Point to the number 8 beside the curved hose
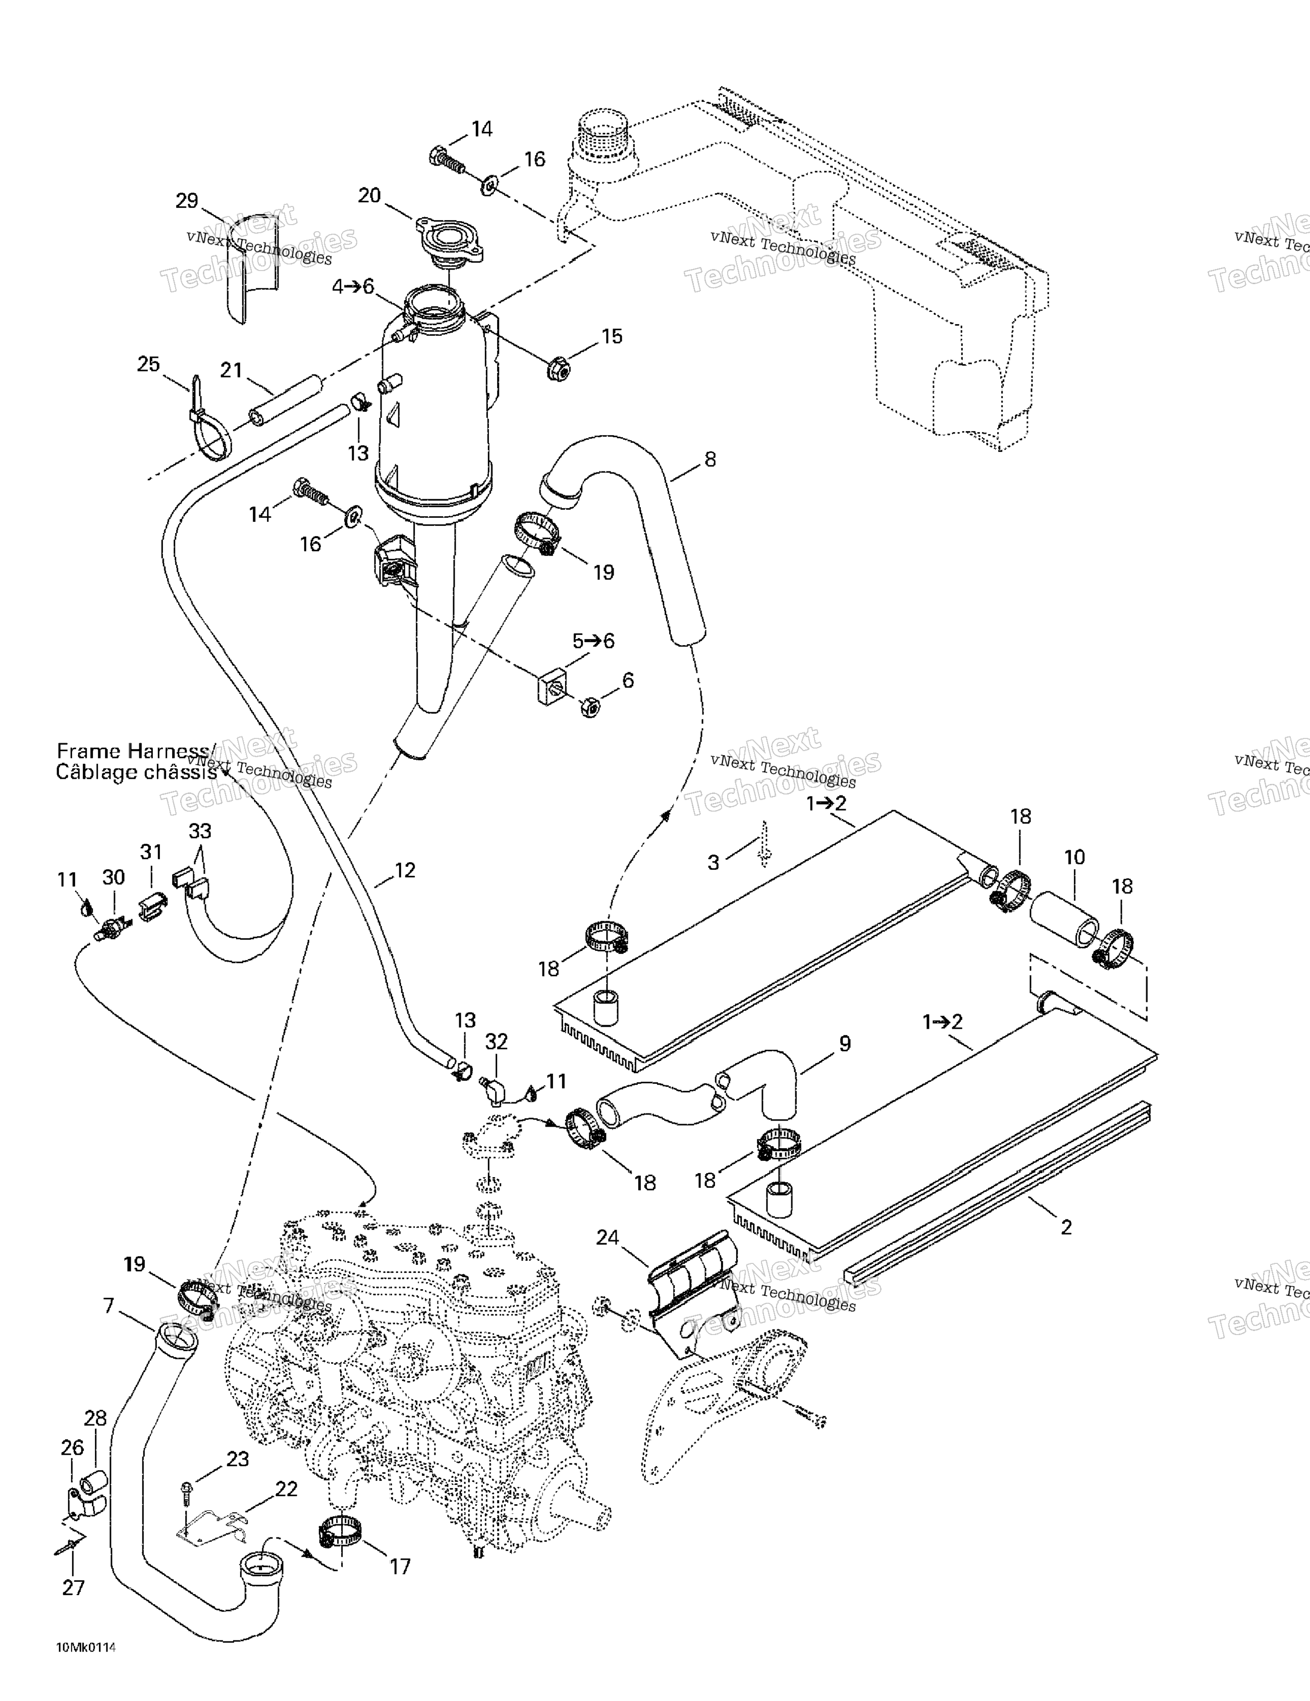coord(709,459)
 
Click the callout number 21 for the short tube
coord(231,370)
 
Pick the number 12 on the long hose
coord(405,870)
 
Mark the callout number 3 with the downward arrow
coord(714,862)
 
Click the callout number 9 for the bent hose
coord(845,1044)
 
